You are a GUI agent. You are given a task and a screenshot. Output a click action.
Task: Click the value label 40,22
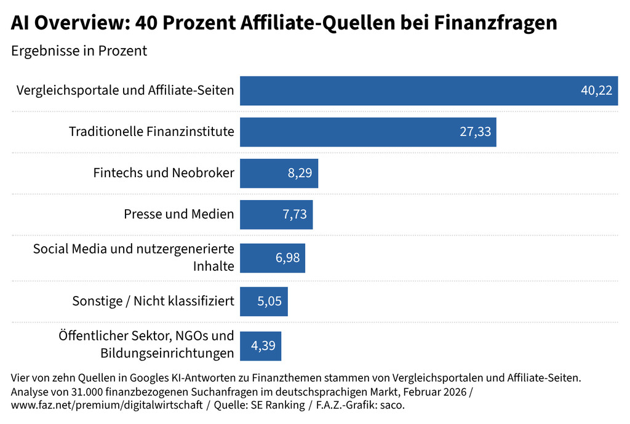point(596,90)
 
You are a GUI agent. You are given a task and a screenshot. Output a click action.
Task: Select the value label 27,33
point(475,132)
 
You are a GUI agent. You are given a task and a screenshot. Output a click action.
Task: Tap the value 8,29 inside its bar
point(300,173)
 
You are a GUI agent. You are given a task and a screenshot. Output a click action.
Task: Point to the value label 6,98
point(287,258)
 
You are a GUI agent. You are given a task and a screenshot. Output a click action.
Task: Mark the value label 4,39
point(263,346)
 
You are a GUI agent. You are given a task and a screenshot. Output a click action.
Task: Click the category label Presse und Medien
point(178,214)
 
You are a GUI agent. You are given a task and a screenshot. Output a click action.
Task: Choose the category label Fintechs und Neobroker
point(164,173)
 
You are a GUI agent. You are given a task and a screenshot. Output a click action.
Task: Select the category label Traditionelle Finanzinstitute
point(151,132)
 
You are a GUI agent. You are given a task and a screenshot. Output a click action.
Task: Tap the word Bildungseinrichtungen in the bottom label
point(167,353)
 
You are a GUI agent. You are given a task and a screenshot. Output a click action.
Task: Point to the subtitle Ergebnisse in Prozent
point(79,50)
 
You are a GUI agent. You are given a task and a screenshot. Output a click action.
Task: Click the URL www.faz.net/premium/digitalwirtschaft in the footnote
point(108,406)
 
